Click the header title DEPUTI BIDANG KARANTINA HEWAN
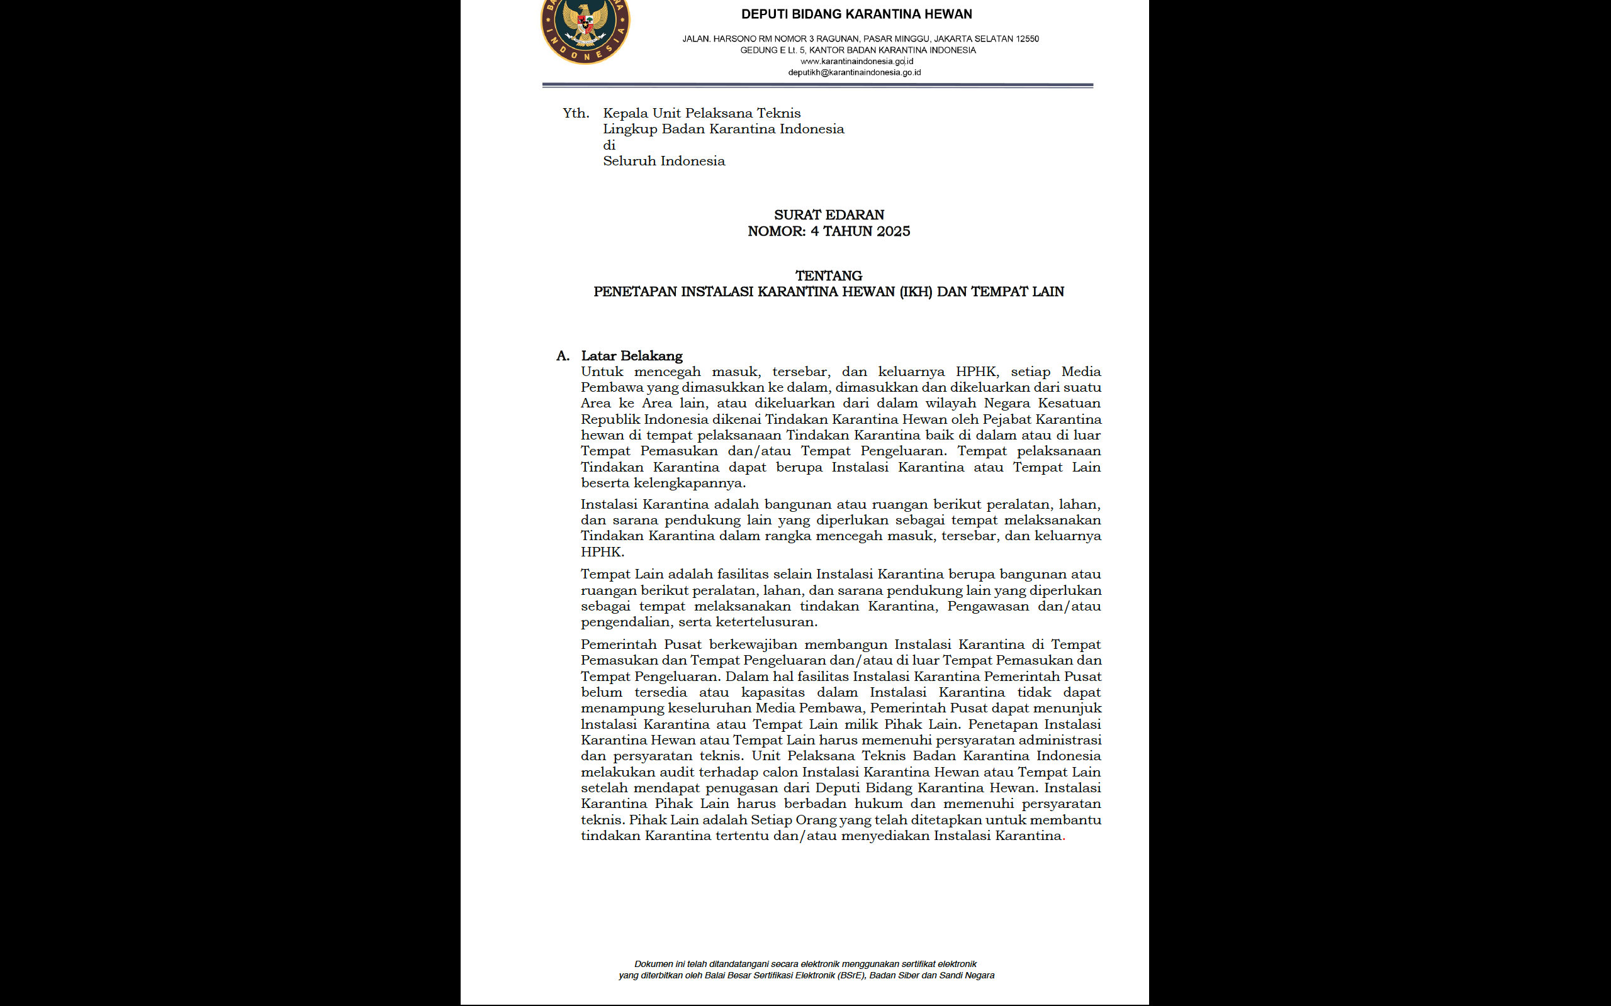[856, 14]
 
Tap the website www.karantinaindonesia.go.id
[856, 61]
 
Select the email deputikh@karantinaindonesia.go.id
[854, 72]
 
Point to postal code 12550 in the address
[1027, 38]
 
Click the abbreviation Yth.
[575, 113]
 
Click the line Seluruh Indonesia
[664, 161]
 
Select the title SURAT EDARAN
[829, 215]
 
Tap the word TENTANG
[828, 275]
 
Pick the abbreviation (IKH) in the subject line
[916, 292]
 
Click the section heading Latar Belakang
[631, 356]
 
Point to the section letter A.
[563, 356]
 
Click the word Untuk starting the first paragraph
[602, 372]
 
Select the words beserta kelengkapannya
[663, 483]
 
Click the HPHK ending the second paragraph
[602, 552]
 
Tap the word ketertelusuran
[766, 622]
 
